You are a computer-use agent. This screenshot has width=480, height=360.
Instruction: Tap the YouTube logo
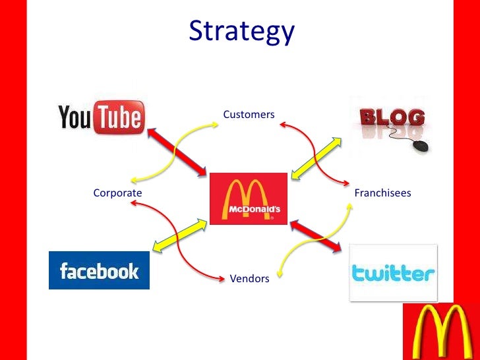(100, 117)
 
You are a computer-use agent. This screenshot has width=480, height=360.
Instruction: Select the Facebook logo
(99, 270)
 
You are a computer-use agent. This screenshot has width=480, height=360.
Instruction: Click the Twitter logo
(393, 272)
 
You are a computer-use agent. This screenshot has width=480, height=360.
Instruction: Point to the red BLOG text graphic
(391, 118)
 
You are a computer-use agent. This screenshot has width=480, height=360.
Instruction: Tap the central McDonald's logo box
(249, 198)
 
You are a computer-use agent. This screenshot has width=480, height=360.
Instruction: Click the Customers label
(249, 115)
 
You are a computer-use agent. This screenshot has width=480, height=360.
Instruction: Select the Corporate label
(117, 193)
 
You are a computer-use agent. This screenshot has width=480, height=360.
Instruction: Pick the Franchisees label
(382, 193)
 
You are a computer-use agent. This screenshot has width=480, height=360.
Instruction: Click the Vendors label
(249, 279)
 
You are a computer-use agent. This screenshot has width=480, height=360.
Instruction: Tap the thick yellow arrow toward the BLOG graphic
(316, 158)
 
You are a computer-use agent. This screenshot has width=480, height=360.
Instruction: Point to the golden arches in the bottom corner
(440, 332)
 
